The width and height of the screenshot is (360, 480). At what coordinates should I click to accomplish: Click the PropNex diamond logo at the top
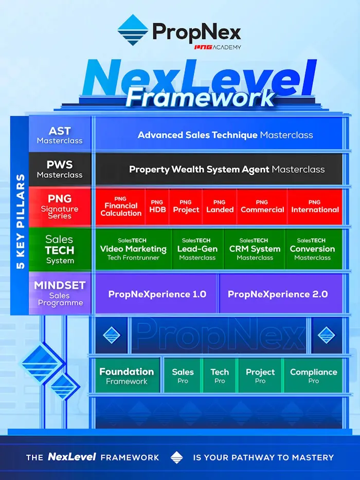click(133, 30)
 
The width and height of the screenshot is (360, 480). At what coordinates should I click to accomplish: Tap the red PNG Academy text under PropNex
click(217, 47)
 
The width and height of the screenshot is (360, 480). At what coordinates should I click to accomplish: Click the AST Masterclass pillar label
click(60, 135)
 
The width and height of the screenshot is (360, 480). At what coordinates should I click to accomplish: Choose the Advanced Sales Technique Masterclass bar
click(225, 135)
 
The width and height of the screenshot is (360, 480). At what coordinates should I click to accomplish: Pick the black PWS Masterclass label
click(60, 170)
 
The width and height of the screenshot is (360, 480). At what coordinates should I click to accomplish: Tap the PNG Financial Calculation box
click(120, 207)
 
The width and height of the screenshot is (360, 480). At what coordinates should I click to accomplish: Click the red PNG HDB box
click(157, 207)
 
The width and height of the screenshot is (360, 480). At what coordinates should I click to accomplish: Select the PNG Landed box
click(220, 207)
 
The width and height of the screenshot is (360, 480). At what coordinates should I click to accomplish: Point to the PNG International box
click(315, 207)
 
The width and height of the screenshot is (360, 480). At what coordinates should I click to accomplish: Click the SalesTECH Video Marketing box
click(133, 249)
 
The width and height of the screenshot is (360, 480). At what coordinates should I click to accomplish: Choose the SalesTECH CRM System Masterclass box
click(255, 249)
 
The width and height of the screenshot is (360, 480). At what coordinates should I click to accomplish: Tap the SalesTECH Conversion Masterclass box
click(312, 249)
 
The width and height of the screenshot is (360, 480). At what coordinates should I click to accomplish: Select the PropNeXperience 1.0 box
click(157, 294)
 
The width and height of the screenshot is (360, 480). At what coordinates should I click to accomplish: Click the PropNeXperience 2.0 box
click(278, 294)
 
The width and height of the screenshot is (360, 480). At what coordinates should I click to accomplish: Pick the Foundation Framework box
click(127, 376)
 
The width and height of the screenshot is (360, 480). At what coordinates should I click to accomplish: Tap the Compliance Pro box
click(313, 376)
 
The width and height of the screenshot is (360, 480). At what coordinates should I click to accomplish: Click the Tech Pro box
click(220, 376)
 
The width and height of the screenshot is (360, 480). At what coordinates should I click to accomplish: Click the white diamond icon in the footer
click(176, 457)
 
